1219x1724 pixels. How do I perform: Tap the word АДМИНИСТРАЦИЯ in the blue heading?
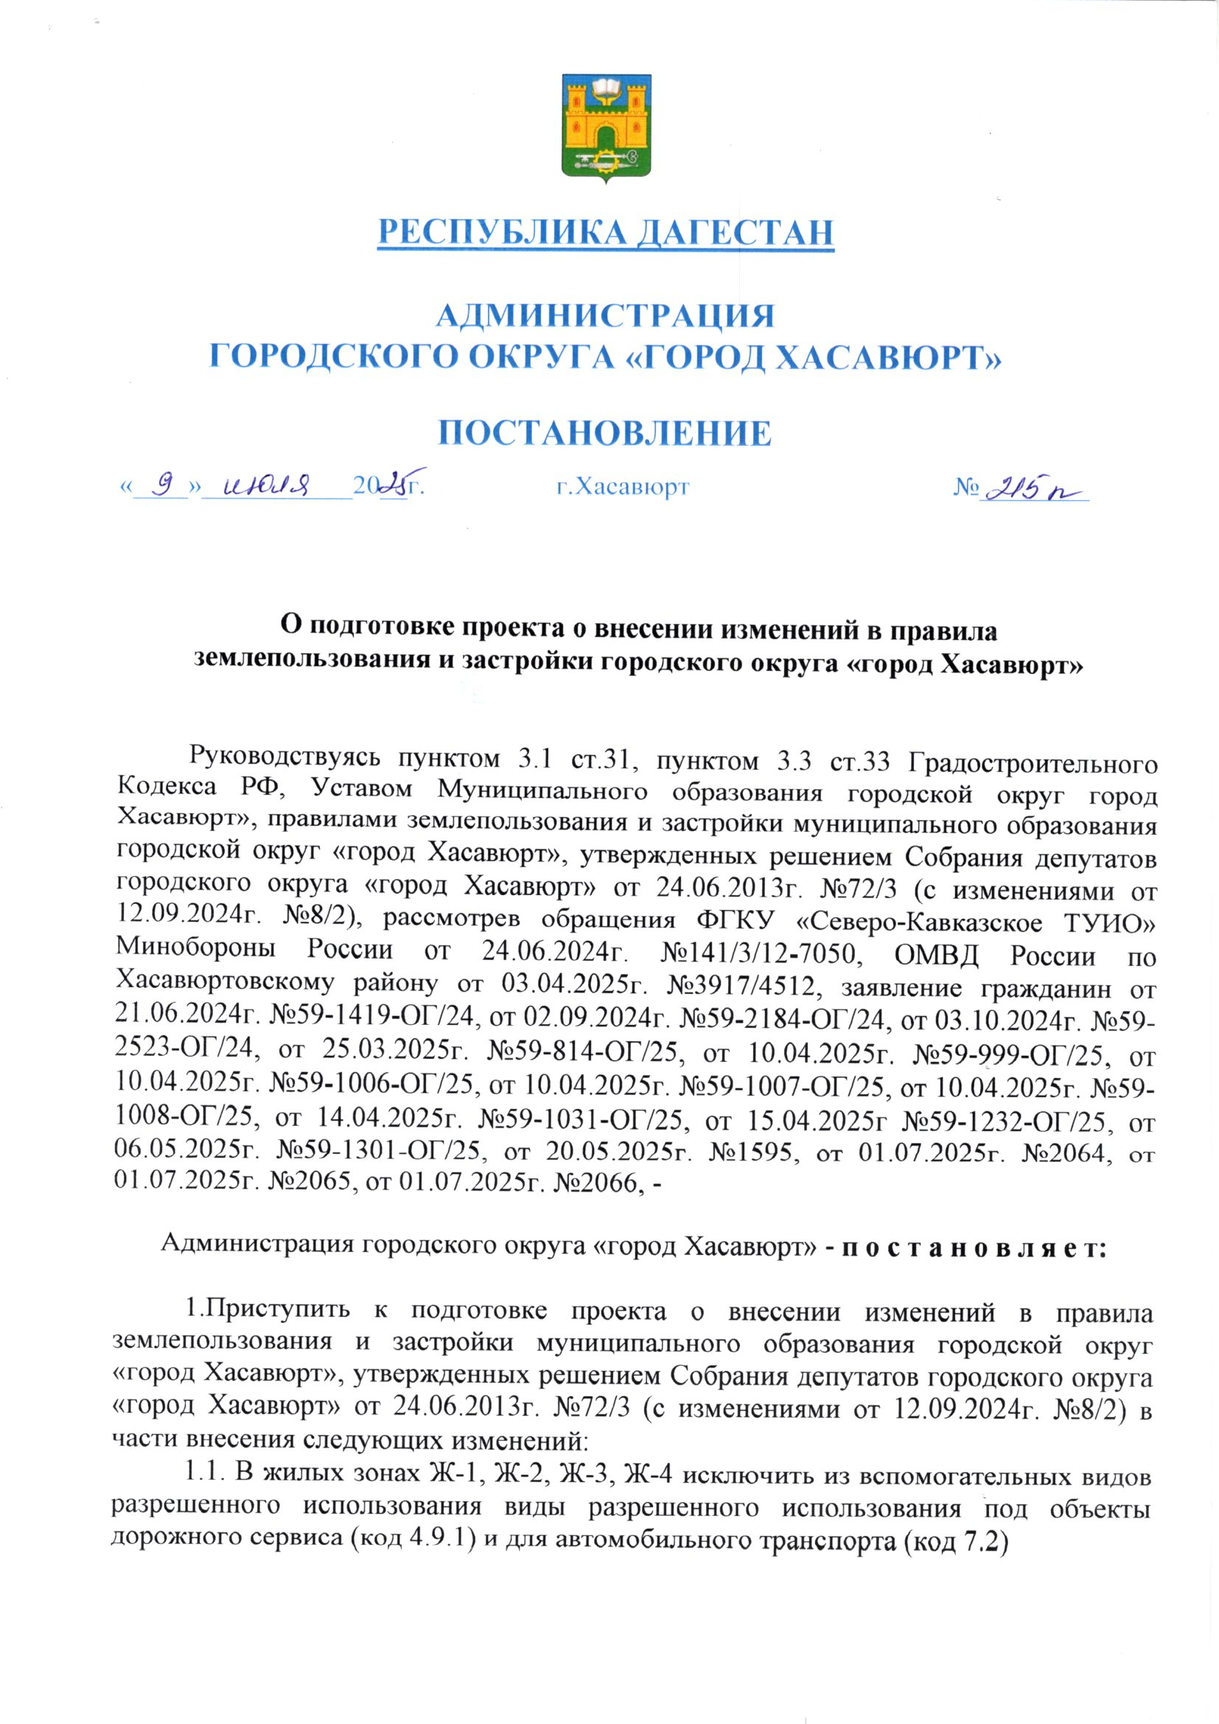coord(605,316)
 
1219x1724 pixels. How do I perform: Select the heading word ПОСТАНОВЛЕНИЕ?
coord(605,434)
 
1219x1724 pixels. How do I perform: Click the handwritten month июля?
coord(273,487)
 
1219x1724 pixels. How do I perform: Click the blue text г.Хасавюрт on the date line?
coord(622,487)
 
